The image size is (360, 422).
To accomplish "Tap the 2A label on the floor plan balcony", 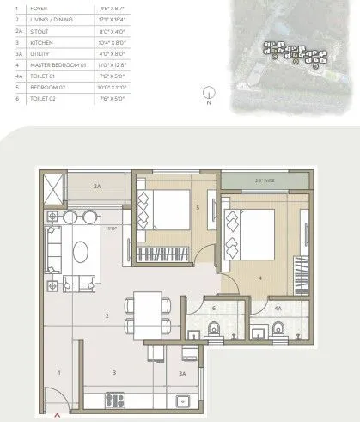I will pos(97,186).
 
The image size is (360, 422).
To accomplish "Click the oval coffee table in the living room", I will pos(81,252).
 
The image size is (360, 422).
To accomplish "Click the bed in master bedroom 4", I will pos(253,229).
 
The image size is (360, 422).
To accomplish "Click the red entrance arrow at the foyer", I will pos(58,414).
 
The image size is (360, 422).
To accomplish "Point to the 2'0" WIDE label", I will pos(265,181).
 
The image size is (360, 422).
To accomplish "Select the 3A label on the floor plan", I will pos(182,374).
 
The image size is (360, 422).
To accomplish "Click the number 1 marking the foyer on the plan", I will pos(58,373).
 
